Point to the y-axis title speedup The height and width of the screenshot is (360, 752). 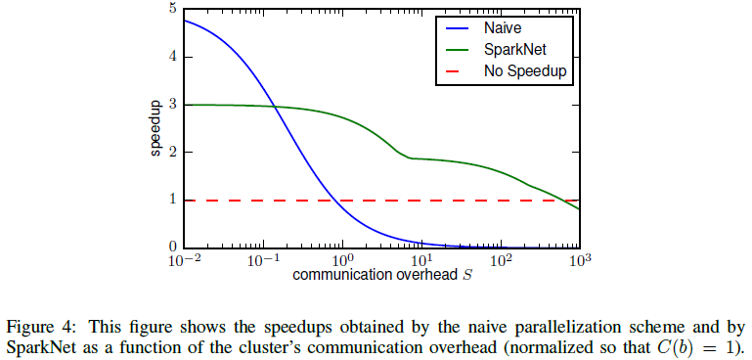pos(155,128)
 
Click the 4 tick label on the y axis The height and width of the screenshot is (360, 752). pos(173,57)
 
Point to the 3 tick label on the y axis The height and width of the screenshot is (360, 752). pos(173,105)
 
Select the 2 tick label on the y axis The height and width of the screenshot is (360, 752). pos(173,153)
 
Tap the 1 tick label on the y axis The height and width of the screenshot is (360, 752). pos(173,200)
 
